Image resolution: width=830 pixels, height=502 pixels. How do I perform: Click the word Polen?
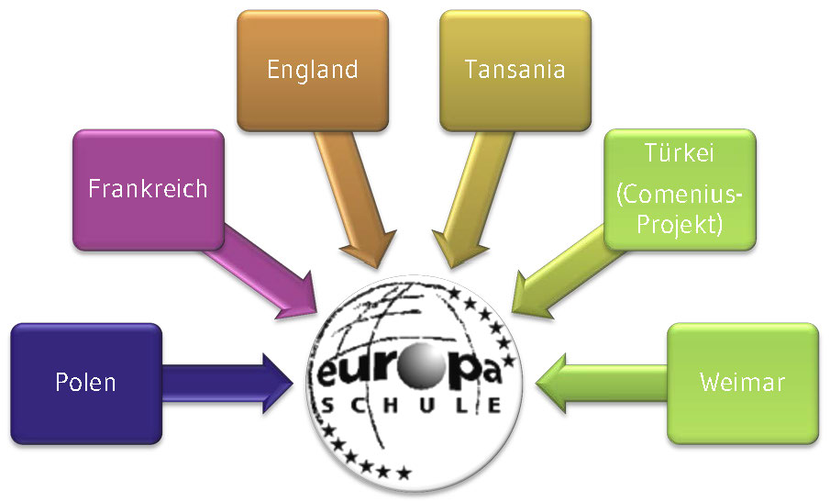pyautogui.click(x=85, y=381)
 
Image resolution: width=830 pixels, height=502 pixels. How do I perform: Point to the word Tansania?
pyautogui.click(x=515, y=69)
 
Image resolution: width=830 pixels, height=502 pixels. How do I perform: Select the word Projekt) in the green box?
pyautogui.click(x=680, y=223)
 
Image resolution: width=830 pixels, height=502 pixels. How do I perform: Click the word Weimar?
pyautogui.click(x=742, y=382)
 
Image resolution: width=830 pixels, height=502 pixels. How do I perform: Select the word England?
pyautogui.click(x=312, y=69)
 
